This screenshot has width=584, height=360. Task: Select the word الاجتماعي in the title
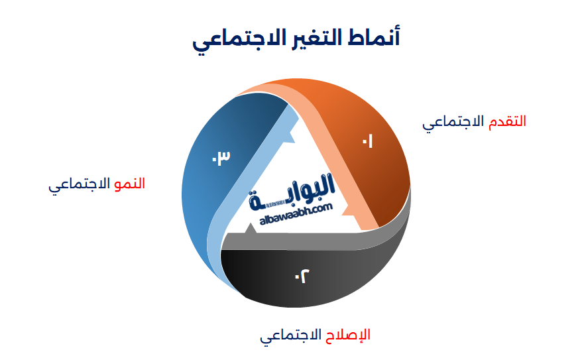pos(229,40)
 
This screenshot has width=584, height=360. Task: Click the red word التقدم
pos(507,121)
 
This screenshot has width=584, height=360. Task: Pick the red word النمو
pos(129,184)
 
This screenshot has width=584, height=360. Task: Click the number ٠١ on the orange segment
pos(367,141)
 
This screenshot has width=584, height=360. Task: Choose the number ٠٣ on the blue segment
pos(220,158)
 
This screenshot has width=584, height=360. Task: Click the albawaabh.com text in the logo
pos(292,210)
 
